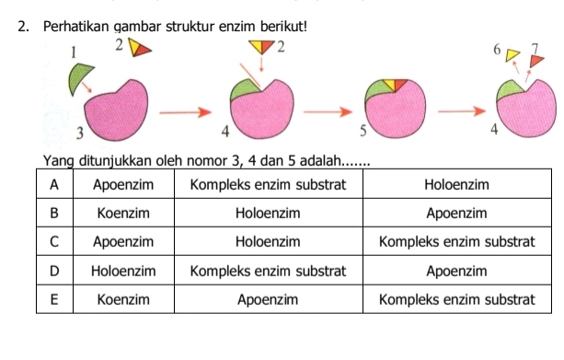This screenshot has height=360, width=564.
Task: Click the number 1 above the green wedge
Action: [x=65, y=55]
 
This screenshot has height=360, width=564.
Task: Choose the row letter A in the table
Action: [x=55, y=184]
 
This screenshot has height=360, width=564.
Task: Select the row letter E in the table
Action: [x=55, y=299]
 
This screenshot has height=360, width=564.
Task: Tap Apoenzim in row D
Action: [x=457, y=271]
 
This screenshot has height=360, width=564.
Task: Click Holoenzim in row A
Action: [x=457, y=184]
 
